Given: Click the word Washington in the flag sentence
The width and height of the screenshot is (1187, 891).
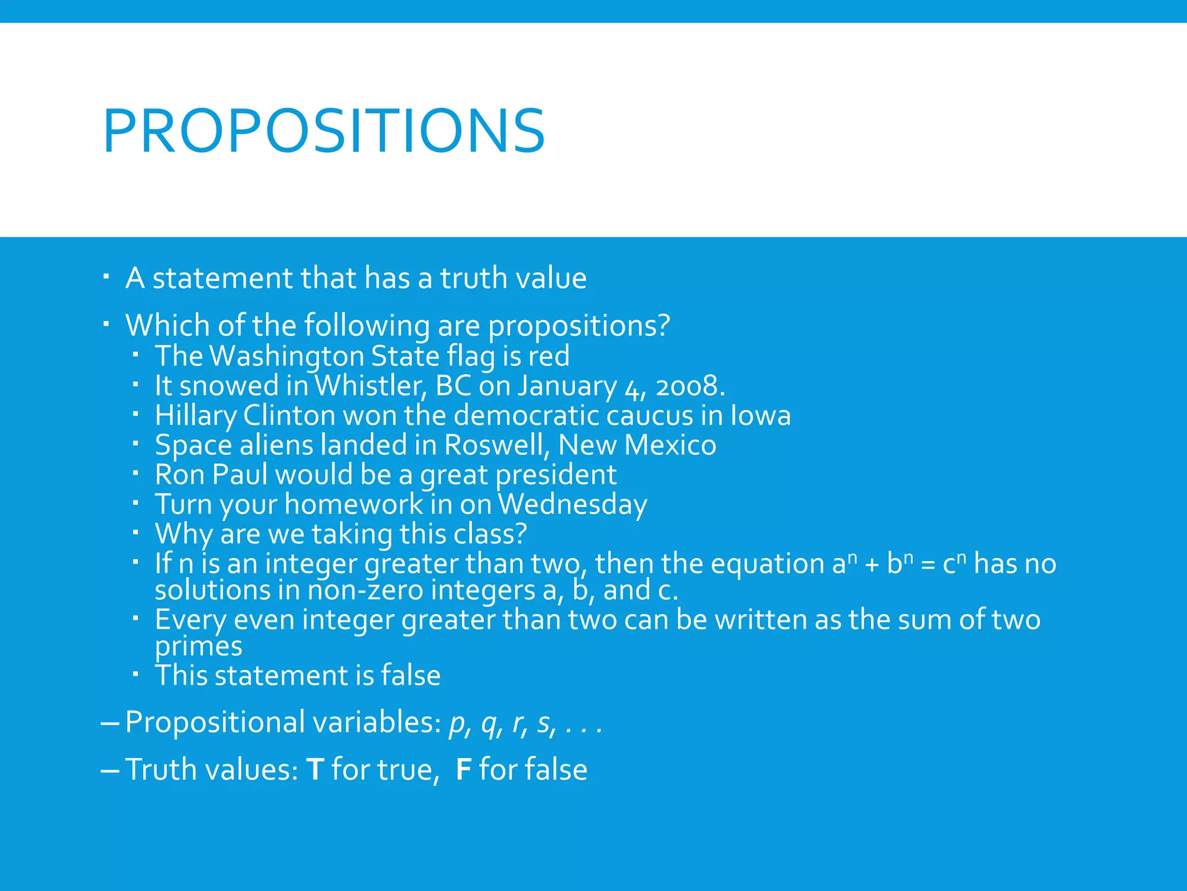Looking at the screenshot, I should tap(288, 356).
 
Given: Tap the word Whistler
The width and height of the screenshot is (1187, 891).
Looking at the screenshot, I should tap(370, 386).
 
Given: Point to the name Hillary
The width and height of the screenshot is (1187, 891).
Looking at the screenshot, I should tap(196, 416).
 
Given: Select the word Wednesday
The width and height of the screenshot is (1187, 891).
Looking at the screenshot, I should tap(572, 505).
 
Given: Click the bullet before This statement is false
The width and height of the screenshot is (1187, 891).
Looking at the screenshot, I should tap(135, 675).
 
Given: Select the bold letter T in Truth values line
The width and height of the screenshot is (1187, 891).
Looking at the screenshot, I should tap(314, 770).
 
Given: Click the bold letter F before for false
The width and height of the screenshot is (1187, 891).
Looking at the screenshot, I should tap(463, 770).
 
